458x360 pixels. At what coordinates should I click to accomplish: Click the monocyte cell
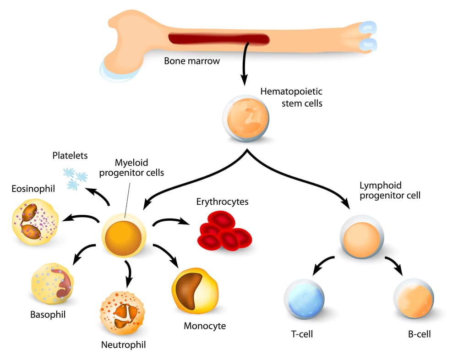(195, 293)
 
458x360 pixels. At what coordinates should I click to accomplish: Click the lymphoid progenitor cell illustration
(361, 239)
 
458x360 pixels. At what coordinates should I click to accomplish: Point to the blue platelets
(75, 178)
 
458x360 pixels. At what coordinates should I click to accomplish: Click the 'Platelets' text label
(69, 156)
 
